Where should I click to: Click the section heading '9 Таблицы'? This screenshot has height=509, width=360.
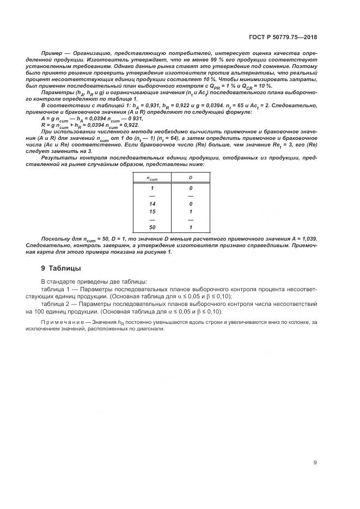(x=61, y=268)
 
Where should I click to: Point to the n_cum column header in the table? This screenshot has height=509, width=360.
(x=152, y=177)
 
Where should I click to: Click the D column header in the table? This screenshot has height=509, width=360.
(x=191, y=177)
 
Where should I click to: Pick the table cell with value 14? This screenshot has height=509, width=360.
(x=152, y=204)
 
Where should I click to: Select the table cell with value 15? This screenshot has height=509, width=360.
(x=152, y=211)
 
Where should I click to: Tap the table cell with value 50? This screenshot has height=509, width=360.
(x=152, y=226)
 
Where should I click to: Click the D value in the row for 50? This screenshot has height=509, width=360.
(x=191, y=226)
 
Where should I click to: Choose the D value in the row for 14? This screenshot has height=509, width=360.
(x=191, y=204)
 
